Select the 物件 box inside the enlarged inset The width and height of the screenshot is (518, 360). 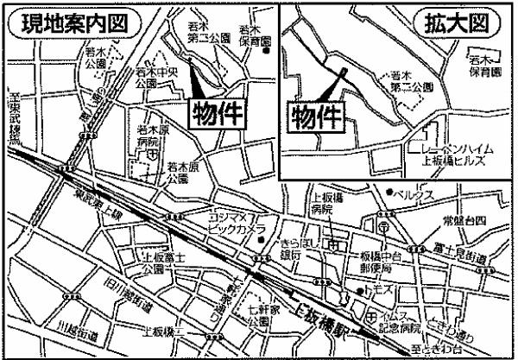pyautogui.click(x=313, y=115)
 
